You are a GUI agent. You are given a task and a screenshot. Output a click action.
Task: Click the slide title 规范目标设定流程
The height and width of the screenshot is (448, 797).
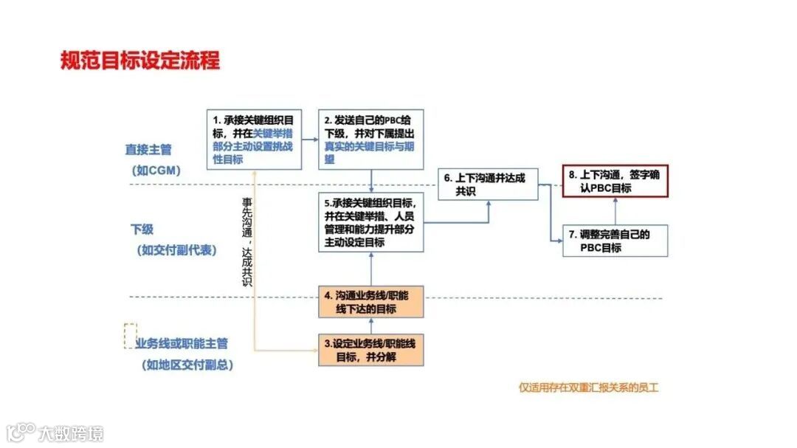[140, 60]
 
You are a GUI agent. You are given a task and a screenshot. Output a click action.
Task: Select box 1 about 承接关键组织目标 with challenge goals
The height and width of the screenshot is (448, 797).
[252, 139]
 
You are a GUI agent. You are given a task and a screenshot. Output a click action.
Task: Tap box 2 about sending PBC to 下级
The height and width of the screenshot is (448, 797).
[370, 139]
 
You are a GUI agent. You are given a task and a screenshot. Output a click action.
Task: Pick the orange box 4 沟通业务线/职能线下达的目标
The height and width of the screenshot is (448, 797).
[370, 302]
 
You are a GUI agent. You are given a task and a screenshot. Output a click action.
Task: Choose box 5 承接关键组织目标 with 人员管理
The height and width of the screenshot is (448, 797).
[370, 221]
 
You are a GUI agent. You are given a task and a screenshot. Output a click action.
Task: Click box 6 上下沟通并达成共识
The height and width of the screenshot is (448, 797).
[488, 184]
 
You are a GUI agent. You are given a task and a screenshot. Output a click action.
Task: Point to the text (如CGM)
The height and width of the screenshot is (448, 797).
[156, 170]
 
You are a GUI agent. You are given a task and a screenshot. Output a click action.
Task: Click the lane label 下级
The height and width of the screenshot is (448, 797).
[142, 230]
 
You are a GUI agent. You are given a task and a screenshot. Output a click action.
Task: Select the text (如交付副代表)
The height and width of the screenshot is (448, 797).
[176, 250]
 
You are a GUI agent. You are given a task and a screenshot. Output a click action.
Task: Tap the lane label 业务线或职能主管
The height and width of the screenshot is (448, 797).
[182, 344]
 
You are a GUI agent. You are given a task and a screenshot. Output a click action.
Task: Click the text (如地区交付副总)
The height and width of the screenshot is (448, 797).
[185, 365]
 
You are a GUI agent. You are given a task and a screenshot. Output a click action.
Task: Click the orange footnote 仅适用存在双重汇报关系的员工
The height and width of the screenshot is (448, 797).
[588, 387]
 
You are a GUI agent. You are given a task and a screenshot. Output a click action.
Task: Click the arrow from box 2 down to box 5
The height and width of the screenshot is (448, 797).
[370, 180]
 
